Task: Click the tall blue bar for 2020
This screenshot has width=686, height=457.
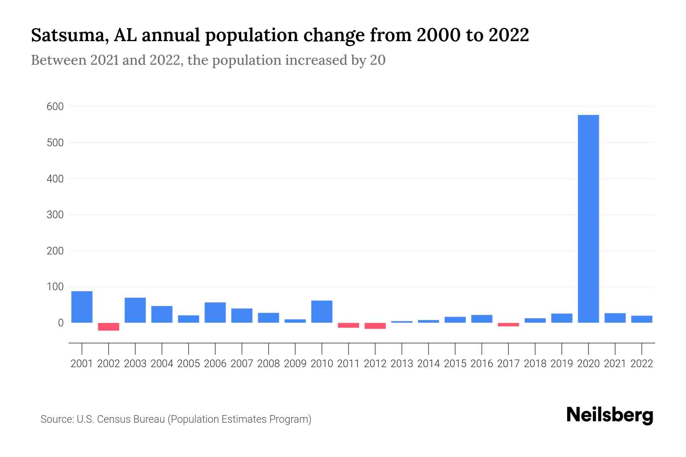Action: pyautogui.click(x=588, y=219)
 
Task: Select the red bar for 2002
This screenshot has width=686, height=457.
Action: pyautogui.click(x=109, y=327)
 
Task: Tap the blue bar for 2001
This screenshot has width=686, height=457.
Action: pyautogui.click(x=82, y=307)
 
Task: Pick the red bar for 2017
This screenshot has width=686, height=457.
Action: pyautogui.click(x=508, y=325)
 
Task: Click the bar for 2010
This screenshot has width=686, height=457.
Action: pyautogui.click(x=322, y=312)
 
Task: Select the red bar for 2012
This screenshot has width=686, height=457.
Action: pyautogui.click(x=375, y=326)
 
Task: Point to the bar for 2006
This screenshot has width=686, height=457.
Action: pyautogui.click(x=215, y=312)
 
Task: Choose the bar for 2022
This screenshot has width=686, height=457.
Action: pyautogui.click(x=641, y=319)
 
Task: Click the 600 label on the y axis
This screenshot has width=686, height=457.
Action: pyautogui.click(x=55, y=107)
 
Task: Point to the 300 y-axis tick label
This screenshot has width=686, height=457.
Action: pyautogui.click(x=55, y=215)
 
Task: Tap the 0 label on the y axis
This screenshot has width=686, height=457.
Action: pyautogui.click(x=61, y=323)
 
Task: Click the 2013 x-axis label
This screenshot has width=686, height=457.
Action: pyautogui.click(x=402, y=364)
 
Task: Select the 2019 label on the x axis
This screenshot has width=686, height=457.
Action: pyautogui.click(x=562, y=364)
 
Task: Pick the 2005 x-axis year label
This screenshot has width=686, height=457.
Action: pyautogui.click(x=189, y=364)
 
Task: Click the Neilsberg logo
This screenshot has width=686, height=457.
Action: pyautogui.click(x=610, y=415)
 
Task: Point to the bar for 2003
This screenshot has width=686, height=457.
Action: pyautogui.click(x=135, y=310)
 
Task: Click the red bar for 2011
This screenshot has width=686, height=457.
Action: pyautogui.click(x=348, y=325)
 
